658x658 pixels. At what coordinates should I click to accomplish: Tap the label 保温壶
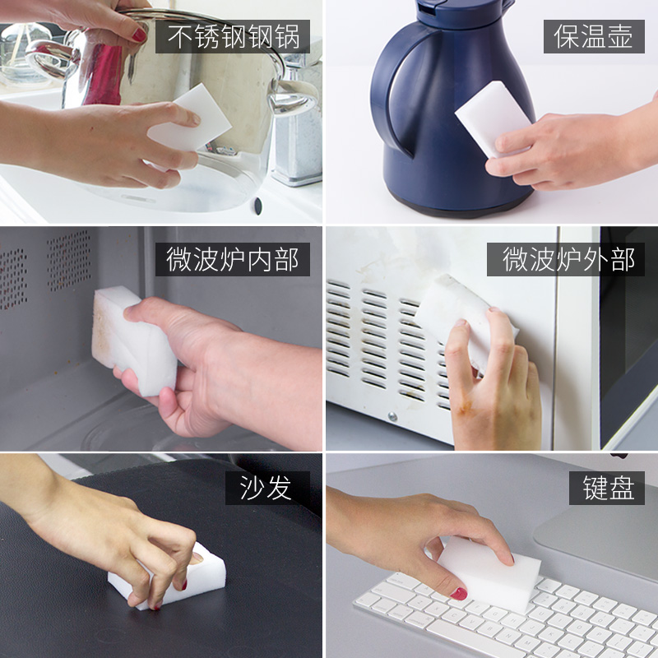tap(594, 37)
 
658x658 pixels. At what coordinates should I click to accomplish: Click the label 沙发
tap(268, 488)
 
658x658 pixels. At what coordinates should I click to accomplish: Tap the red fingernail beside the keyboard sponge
tap(458, 593)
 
